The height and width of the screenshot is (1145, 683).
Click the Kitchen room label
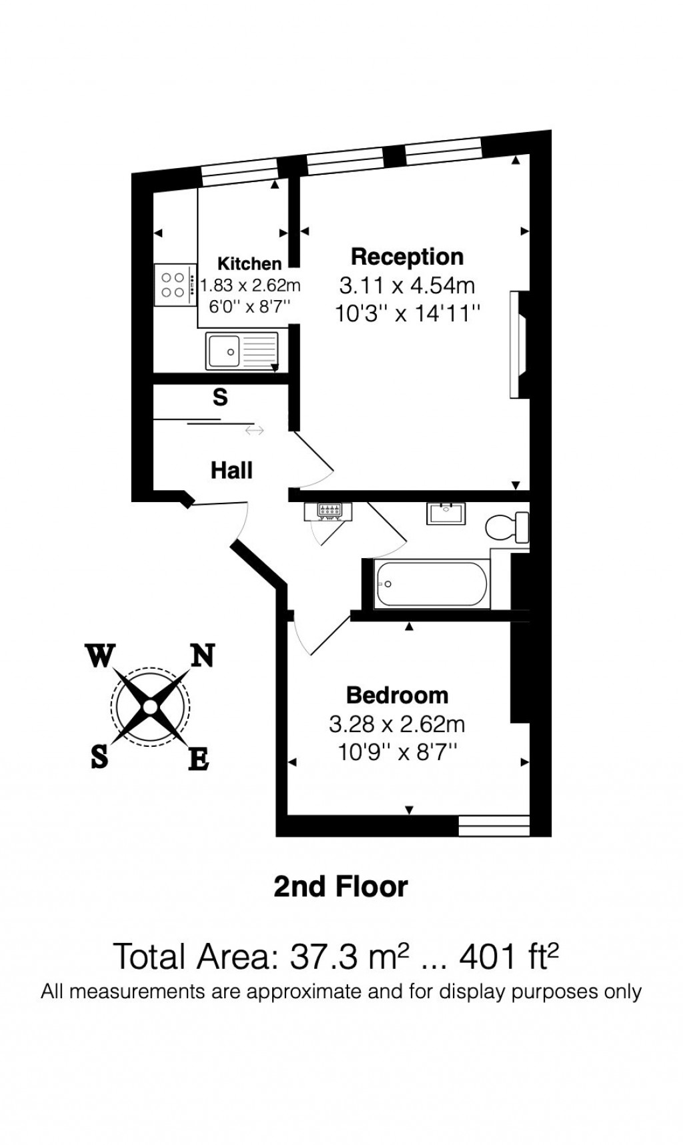click(x=249, y=263)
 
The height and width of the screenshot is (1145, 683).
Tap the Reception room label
click(x=407, y=257)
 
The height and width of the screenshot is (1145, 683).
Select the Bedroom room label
click(x=397, y=696)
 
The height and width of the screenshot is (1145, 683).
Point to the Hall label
click(x=231, y=470)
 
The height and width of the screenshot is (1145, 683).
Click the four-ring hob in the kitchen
click(x=173, y=285)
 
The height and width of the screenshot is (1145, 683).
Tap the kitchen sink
click(x=241, y=350)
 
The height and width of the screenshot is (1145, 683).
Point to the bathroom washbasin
click(x=446, y=513)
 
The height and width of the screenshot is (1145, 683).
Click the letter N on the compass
click(x=203, y=656)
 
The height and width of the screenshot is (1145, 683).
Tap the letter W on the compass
click(x=100, y=656)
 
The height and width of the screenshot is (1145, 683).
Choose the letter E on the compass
click(x=199, y=759)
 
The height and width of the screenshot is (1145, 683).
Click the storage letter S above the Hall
click(x=220, y=397)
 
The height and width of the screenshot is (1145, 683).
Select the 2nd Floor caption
click(x=341, y=887)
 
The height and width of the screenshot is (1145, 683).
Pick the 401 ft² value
click(x=509, y=957)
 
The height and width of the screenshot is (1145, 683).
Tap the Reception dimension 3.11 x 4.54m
click(x=407, y=285)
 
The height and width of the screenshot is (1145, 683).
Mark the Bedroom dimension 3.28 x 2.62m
click(x=397, y=724)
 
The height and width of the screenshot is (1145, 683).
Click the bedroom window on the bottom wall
click(x=494, y=826)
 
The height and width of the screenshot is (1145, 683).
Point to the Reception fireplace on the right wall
click(x=518, y=345)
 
